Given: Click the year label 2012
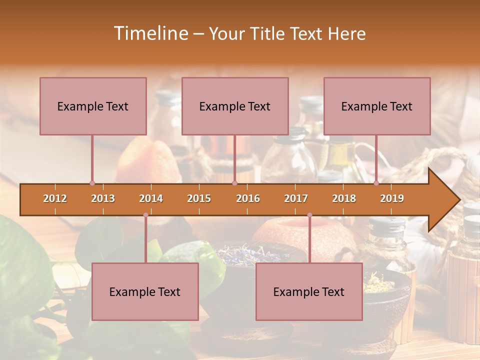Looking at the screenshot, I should (x=55, y=198).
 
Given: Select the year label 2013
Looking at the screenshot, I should (x=103, y=198).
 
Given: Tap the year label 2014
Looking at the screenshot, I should (x=151, y=198).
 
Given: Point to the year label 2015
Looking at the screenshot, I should (x=199, y=198).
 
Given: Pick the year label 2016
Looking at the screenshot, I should (x=248, y=198).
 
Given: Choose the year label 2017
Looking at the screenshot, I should (x=296, y=198).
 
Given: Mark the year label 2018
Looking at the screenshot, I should (x=344, y=198).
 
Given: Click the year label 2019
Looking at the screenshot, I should (x=392, y=198).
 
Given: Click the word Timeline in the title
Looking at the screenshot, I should (x=150, y=33).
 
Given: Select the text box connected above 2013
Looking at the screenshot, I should (x=93, y=106).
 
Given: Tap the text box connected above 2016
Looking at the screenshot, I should (x=235, y=106).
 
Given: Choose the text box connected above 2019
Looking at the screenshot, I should (x=377, y=106).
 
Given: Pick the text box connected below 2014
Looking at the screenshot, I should (x=145, y=291).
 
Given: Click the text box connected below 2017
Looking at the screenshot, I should (x=309, y=291).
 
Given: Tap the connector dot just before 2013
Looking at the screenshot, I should (x=92, y=183).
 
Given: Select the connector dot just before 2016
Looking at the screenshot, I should (x=234, y=183).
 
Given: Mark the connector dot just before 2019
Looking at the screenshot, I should (x=376, y=183).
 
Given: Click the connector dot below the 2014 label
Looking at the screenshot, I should (x=145, y=215).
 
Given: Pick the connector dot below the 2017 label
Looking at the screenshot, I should (x=309, y=215).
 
